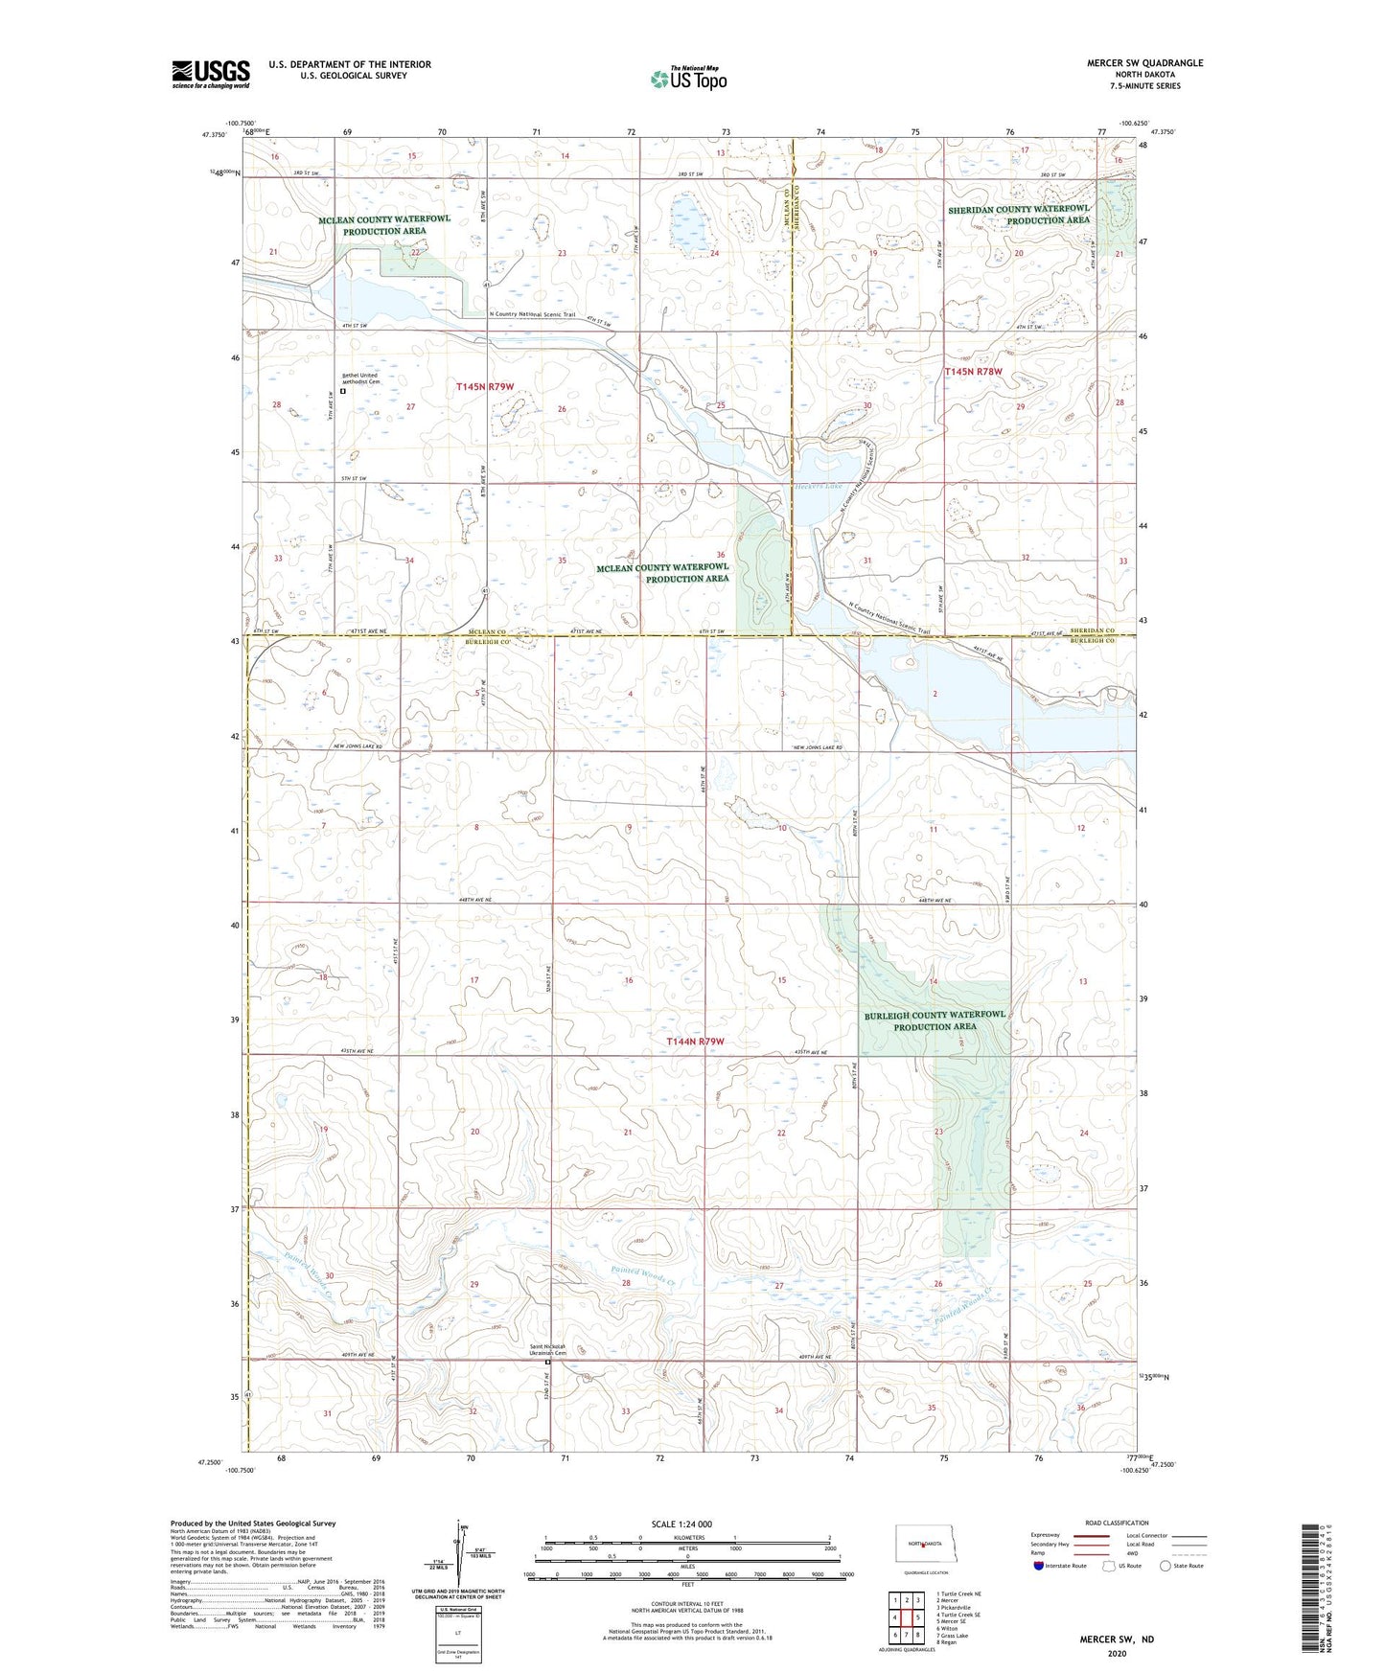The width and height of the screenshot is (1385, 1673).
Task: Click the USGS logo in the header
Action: pyautogui.click(x=211, y=73)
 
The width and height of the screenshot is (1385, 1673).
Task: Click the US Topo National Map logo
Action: pyautogui.click(x=687, y=78)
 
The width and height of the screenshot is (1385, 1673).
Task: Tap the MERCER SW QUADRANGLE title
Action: pyautogui.click(x=1144, y=63)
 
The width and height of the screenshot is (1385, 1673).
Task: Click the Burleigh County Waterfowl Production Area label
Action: pyautogui.click(x=935, y=1020)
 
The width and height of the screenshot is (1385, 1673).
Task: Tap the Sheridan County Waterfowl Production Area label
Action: pyautogui.click(x=1019, y=214)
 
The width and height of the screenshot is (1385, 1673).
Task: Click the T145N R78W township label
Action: pyautogui.click(x=973, y=372)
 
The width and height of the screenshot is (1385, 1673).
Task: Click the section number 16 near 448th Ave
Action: pyautogui.click(x=629, y=980)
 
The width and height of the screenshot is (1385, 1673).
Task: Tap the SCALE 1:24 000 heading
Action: pyautogui.click(x=681, y=1524)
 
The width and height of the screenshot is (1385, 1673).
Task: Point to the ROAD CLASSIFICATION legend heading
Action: pyautogui.click(x=1117, y=1523)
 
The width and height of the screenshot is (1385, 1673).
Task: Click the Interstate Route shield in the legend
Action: pyautogui.click(x=1040, y=1566)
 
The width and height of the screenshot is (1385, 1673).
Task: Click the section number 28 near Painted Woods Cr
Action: pyautogui.click(x=627, y=1283)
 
